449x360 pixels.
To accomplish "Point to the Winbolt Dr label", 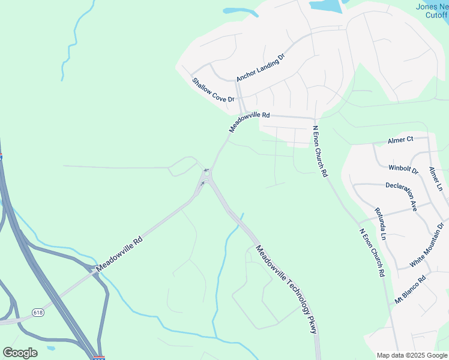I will tap(403, 169).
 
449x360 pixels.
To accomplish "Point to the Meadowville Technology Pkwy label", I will tap(285, 289).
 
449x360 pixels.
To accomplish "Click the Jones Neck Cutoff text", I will tap(432, 11).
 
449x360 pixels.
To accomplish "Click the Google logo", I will tap(20, 353).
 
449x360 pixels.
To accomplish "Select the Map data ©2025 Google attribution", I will tap(412, 355).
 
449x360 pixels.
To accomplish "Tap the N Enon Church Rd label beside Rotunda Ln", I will tap(372, 252).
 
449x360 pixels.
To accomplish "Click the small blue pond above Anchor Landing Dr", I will tap(239, 10).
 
